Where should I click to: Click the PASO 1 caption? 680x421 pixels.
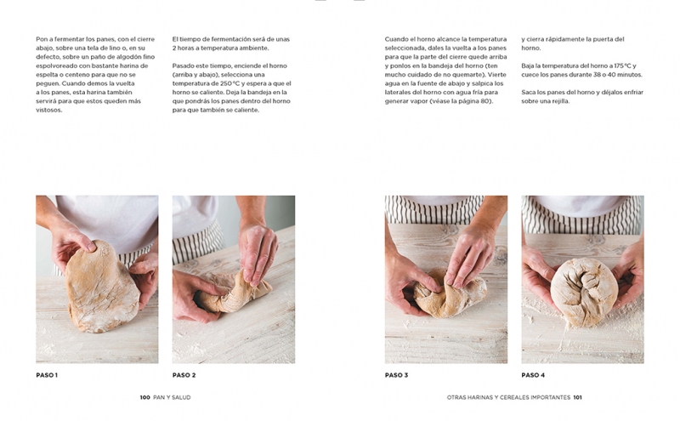47,375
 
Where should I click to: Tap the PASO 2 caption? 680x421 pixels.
184,375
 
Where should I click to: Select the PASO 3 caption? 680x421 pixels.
396,375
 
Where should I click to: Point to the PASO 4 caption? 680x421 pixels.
533,375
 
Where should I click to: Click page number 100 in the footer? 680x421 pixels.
144,397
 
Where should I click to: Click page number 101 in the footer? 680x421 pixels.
578,397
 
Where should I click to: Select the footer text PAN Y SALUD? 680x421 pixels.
172,397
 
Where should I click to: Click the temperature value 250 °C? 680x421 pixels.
230,83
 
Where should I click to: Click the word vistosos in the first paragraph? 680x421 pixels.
49,110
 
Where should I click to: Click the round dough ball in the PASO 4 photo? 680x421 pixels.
584,292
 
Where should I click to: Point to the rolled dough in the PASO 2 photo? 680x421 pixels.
235,293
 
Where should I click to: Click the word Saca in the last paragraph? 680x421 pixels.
529,92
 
